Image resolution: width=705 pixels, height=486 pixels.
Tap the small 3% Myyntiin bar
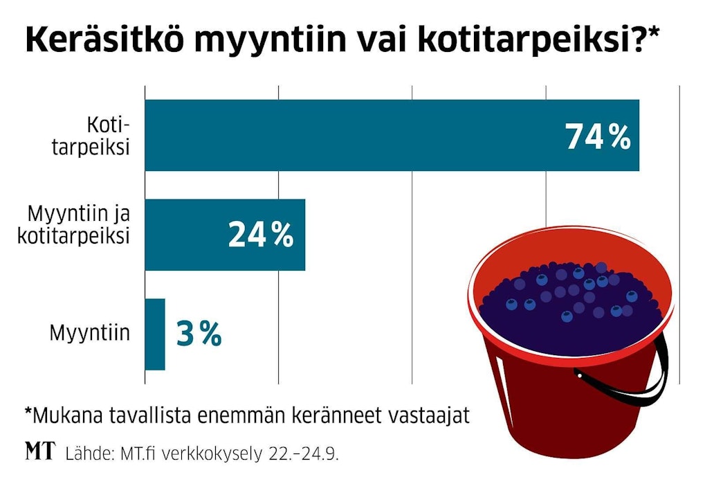click(x=155, y=334)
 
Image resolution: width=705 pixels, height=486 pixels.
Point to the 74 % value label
click(x=598, y=136)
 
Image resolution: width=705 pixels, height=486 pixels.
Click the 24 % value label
click(x=260, y=235)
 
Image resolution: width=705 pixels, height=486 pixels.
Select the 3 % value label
click(x=199, y=334)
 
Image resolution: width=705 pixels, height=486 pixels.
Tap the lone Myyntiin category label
click(x=89, y=334)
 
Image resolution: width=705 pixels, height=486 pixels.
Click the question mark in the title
click(x=640, y=40)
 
